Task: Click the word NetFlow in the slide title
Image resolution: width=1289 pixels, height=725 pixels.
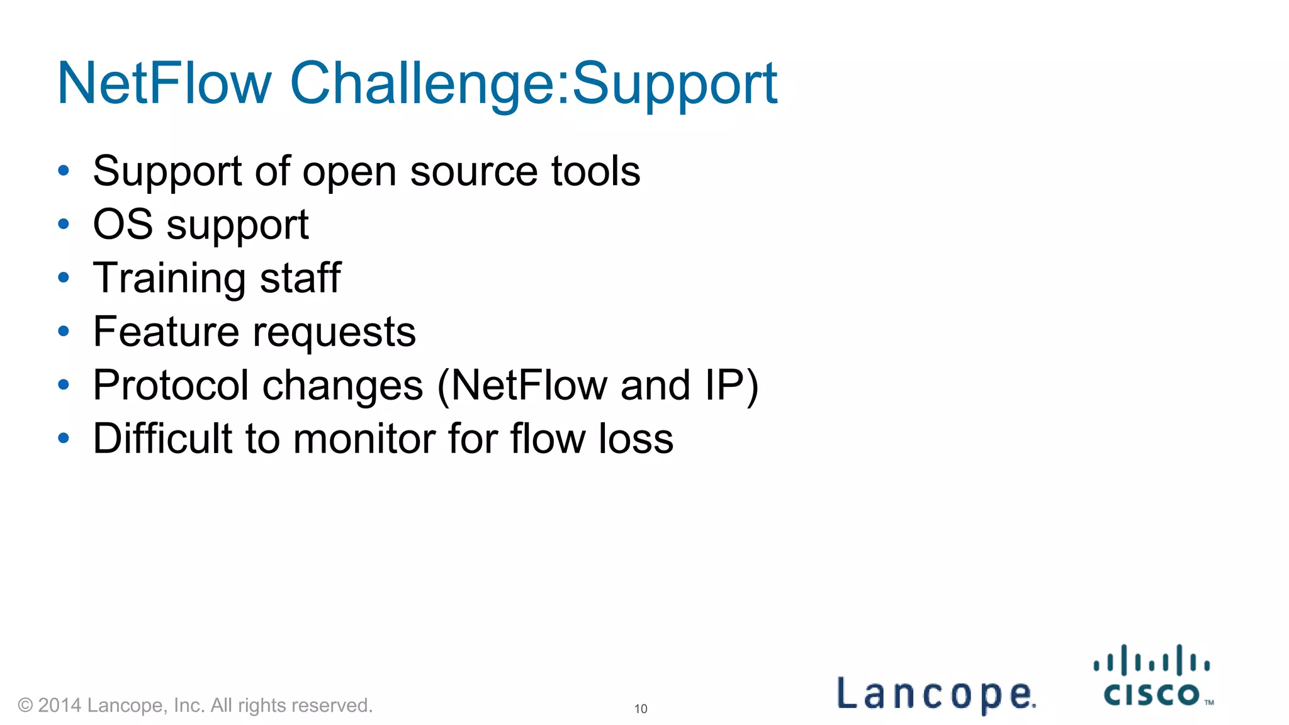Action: point(164,84)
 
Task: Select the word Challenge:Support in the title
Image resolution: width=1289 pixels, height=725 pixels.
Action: point(533,84)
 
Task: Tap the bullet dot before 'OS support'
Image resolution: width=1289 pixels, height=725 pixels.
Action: point(63,224)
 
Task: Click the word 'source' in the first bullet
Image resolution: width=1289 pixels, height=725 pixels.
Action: point(473,171)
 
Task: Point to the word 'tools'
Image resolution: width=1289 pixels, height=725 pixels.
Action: point(595,171)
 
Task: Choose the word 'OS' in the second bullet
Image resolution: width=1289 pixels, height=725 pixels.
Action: point(123,225)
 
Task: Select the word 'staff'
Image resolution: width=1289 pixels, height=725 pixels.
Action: point(300,278)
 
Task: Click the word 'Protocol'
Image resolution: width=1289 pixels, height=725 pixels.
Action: point(171,385)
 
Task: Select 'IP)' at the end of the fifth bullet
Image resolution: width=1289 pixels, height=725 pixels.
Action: point(731,385)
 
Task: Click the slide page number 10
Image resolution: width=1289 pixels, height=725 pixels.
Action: point(641,709)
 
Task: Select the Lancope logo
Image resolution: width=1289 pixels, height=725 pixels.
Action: point(936,694)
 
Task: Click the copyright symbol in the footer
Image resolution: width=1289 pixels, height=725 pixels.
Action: point(25,705)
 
